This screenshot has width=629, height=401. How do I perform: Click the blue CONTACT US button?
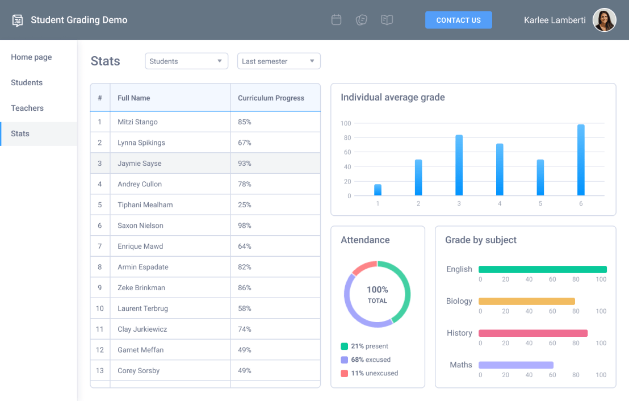pyautogui.click(x=458, y=20)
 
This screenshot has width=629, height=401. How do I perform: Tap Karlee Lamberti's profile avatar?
pyautogui.click(x=604, y=20)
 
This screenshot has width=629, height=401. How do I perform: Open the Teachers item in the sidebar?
pyautogui.click(x=27, y=108)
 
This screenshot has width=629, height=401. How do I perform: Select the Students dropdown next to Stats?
pyautogui.click(x=186, y=61)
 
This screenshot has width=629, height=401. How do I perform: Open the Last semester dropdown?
pyautogui.click(x=278, y=61)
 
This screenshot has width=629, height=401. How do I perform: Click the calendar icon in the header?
pyautogui.click(x=336, y=20)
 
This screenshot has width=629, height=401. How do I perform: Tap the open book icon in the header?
pyautogui.click(x=387, y=20)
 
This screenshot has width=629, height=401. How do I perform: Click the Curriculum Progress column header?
pyautogui.click(x=271, y=98)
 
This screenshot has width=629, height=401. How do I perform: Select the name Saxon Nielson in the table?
pyautogui.click(x=140, y=225)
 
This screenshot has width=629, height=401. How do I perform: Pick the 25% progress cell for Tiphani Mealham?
pyautogui.click(x=245, y=205)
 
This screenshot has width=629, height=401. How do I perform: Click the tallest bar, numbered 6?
pyautogui.click(x=581, y=160)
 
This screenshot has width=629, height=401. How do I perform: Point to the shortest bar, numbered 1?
pyautogui.click(x=378, y=190)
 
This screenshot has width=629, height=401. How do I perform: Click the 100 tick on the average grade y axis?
pyautogui.click(x=346, y=123)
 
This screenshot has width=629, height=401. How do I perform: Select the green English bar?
pyautogui.click(x=542, y=269)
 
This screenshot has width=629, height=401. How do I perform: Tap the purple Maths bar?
pyautogui.click(x=515, y=365)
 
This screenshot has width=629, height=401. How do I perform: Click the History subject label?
pyautogui.click(x=459, y=333)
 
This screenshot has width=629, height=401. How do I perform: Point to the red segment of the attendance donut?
pyautogui.click(x=363, y=266)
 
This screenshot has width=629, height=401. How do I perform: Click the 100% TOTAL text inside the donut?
pyautogui.click(x=377, y=294)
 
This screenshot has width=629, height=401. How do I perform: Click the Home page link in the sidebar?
pyautogui.click(x=31, y=57)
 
